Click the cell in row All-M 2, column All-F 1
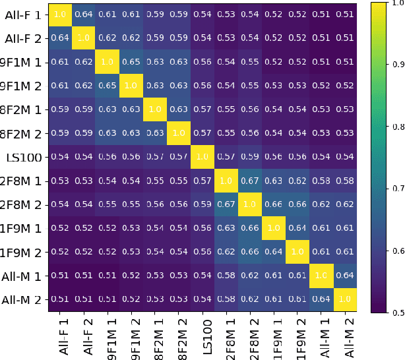59,300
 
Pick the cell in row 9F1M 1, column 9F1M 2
131,63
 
